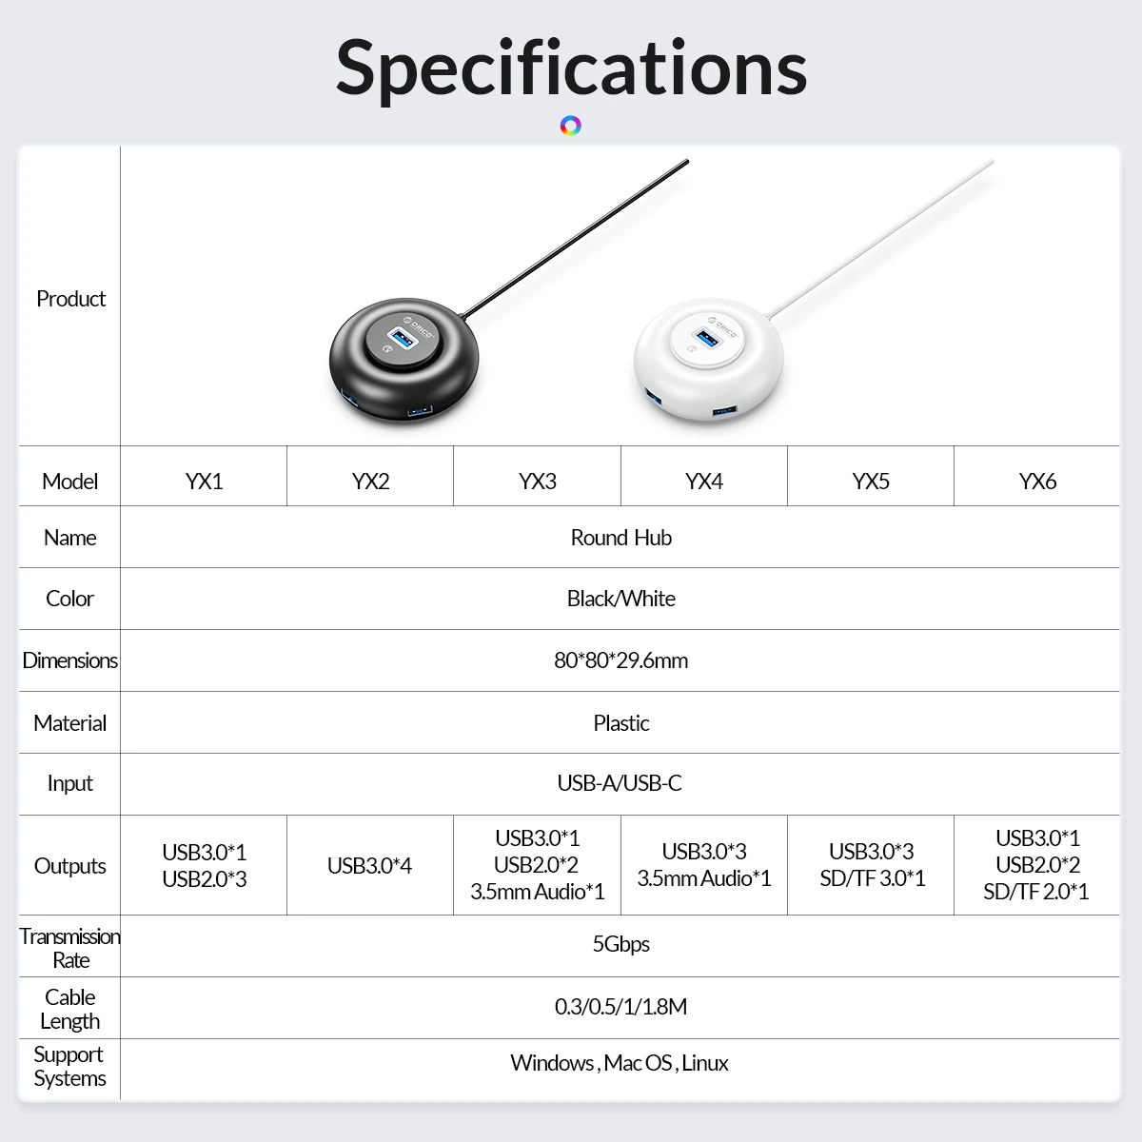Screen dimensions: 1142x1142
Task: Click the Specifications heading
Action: pyautogui.click(x=571, y=68)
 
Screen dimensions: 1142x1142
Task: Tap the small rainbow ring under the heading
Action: pyautogui.click(x=571, y=126)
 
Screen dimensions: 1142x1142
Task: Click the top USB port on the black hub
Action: pyautogui.click(x=403, y=338)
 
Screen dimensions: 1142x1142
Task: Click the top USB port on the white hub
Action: pyautogui.click(x=708, y=337)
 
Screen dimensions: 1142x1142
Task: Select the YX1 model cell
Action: pyautogui.click(x=204, y=482)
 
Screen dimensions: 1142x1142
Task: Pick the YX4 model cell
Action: pyautogui.click(x=704, y=482)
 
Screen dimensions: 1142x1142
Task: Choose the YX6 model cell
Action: pyautogui.click(x=1037, y=482)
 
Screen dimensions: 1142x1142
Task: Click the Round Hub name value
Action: pyautogui.click(x=620, y=538)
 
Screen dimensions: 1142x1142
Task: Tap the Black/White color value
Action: pyautogui.click(x=620, y=599)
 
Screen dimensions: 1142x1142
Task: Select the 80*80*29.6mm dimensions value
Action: pyautogui.click(x=620, y=660)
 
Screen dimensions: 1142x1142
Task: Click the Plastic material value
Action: pyautogui.click(x=620, y=723)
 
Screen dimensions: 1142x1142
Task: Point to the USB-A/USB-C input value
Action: pyautogui.click(x=620, y=783)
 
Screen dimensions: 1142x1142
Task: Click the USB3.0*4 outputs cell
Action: pyautogui.click(x=369, y=866)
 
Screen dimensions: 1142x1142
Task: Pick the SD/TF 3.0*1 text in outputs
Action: pyautogui.click(x=872, y=878)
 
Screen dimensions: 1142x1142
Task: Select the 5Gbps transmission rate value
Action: pyautogui.click(x=620, y=944)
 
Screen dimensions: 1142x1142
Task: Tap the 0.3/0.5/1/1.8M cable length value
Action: pyautogui.click(x=620, y=1007)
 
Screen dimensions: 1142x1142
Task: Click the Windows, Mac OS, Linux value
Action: pyautogui.click(x=620, y=1063)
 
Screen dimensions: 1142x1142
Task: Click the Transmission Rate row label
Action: pyautogui.click(x=70, y=948)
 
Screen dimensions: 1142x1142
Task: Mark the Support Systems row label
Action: pyautogui.click(x=69, y=1066)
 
